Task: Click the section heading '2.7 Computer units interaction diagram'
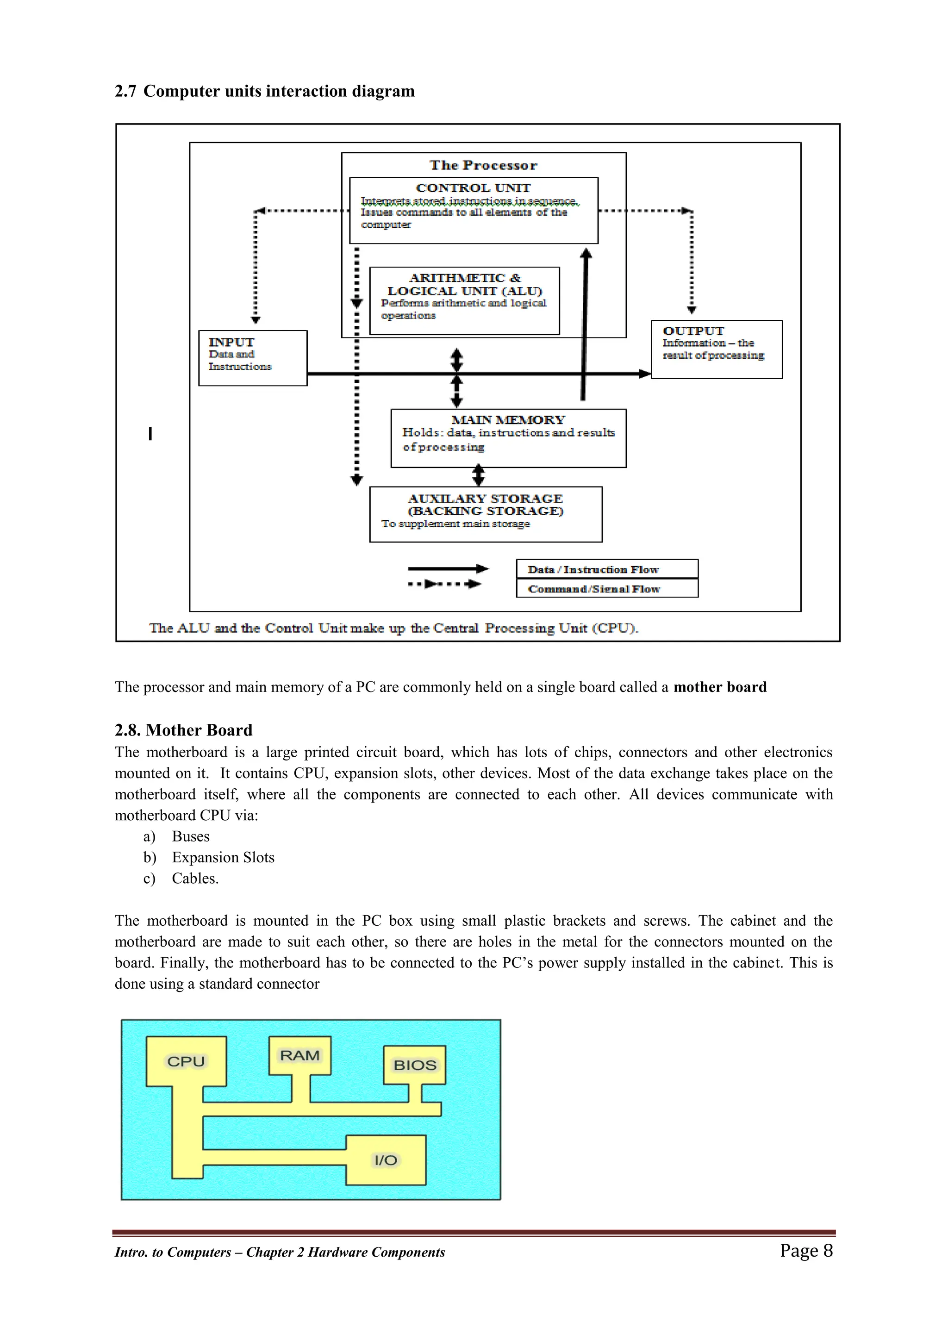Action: pos(264,92)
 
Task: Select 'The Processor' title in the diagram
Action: pos(483,166)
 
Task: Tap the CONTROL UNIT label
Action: pos(474,188)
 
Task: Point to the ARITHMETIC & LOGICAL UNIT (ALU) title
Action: pos(465,284)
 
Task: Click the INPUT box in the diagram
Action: pos(253,358)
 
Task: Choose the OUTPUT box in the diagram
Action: pos(716,349)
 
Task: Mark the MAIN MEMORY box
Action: pos(508,438)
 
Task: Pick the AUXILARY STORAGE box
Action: pos(486,514)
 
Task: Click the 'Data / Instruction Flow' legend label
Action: pos(593,570)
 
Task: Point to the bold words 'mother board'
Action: pos(720,687)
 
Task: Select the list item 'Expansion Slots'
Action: pos(223,857)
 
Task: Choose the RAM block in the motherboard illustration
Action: pos(299,1056)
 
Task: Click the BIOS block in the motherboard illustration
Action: pos(414,1065)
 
